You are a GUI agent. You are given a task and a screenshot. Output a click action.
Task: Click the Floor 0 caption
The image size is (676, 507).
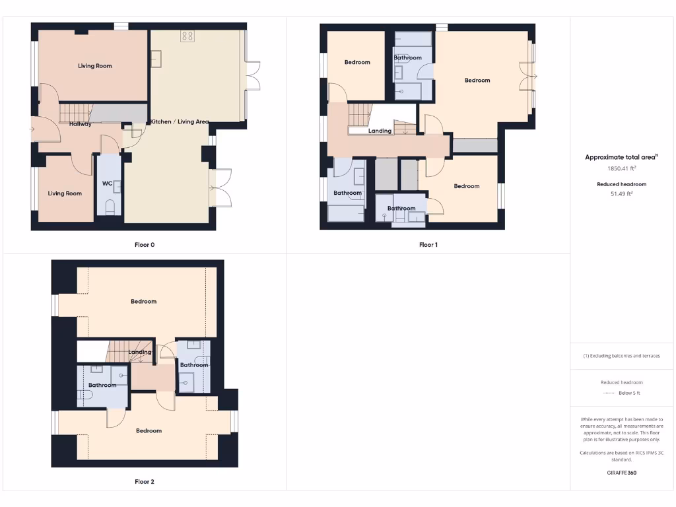point(145,245)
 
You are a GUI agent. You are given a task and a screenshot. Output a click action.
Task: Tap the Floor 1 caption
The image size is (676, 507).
point(428,245)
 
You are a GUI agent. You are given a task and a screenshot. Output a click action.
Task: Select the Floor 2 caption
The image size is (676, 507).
point(145,482)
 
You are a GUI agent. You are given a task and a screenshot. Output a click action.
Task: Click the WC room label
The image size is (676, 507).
point(106,184)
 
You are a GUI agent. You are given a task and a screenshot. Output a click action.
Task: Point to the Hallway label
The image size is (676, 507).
point(81,124)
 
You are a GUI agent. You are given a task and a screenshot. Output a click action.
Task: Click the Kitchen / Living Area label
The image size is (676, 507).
point(180,121)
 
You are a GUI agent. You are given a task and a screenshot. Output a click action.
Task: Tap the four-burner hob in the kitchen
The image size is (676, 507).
point(187,36)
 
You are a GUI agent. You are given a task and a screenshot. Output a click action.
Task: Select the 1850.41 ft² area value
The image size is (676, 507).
point(621,168)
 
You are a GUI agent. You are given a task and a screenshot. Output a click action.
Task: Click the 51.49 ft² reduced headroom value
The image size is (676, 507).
point(621,194)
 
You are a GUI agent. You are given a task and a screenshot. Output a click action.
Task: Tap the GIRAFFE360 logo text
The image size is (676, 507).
point(621,473)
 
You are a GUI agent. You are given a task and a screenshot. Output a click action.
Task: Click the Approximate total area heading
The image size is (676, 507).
point(621,157)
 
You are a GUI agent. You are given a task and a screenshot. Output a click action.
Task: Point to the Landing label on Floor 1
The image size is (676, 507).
point(380,131)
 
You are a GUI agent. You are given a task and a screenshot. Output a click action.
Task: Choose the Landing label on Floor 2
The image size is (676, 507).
point(140,352)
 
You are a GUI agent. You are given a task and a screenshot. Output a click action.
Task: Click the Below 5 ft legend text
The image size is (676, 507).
point(629,393)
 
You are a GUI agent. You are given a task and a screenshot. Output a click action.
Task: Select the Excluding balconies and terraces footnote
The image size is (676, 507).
point(621,356)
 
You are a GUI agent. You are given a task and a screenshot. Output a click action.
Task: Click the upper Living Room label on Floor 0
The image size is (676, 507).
point(95,66)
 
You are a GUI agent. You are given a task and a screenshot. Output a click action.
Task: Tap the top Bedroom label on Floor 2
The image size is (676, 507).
point(144,302)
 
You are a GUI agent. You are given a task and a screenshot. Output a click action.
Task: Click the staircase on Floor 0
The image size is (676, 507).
point(75,114)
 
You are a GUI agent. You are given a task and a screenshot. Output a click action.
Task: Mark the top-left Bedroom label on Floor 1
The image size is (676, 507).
point(357,63)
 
